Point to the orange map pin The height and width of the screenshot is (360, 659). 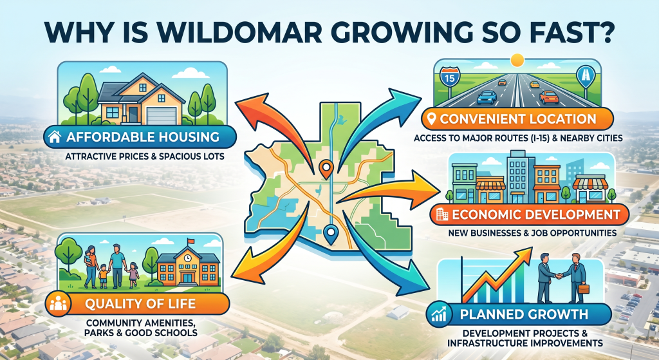pyautogui.click(x=326, y=169)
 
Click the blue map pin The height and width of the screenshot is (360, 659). pyautogui.click(x=332, y=234)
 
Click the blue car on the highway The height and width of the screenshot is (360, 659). pyautogui.click(x=487, y=97)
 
